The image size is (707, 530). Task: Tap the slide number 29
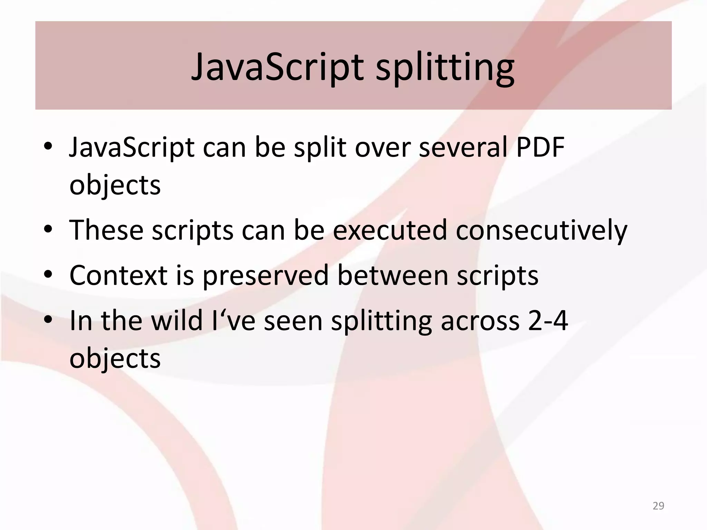[658, 506]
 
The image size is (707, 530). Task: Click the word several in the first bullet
[462, 147]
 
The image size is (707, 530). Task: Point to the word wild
[176, 321]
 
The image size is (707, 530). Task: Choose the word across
[480, 321]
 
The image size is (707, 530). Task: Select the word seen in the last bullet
[293, 321]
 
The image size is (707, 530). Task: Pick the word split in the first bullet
[320, 147]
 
